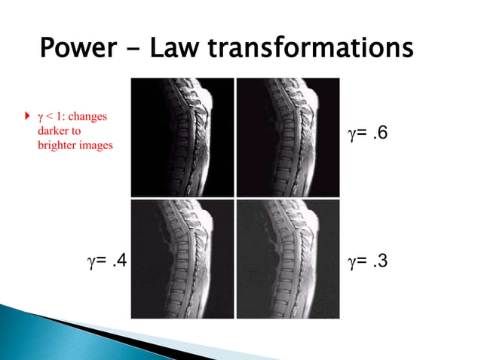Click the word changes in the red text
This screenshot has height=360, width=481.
click(88, 117)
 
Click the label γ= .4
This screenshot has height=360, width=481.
click(107, 261)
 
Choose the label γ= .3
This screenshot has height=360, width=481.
click(367, 261)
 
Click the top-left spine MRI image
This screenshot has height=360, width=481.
click(182, 137)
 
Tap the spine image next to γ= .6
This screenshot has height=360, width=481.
click(287, 137)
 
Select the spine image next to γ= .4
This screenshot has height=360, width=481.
click(182, 258)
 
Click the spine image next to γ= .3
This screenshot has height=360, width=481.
click(287, 258)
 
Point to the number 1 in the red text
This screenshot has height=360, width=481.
click(60, 117)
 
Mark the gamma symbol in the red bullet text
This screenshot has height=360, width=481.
click(40, 118)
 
